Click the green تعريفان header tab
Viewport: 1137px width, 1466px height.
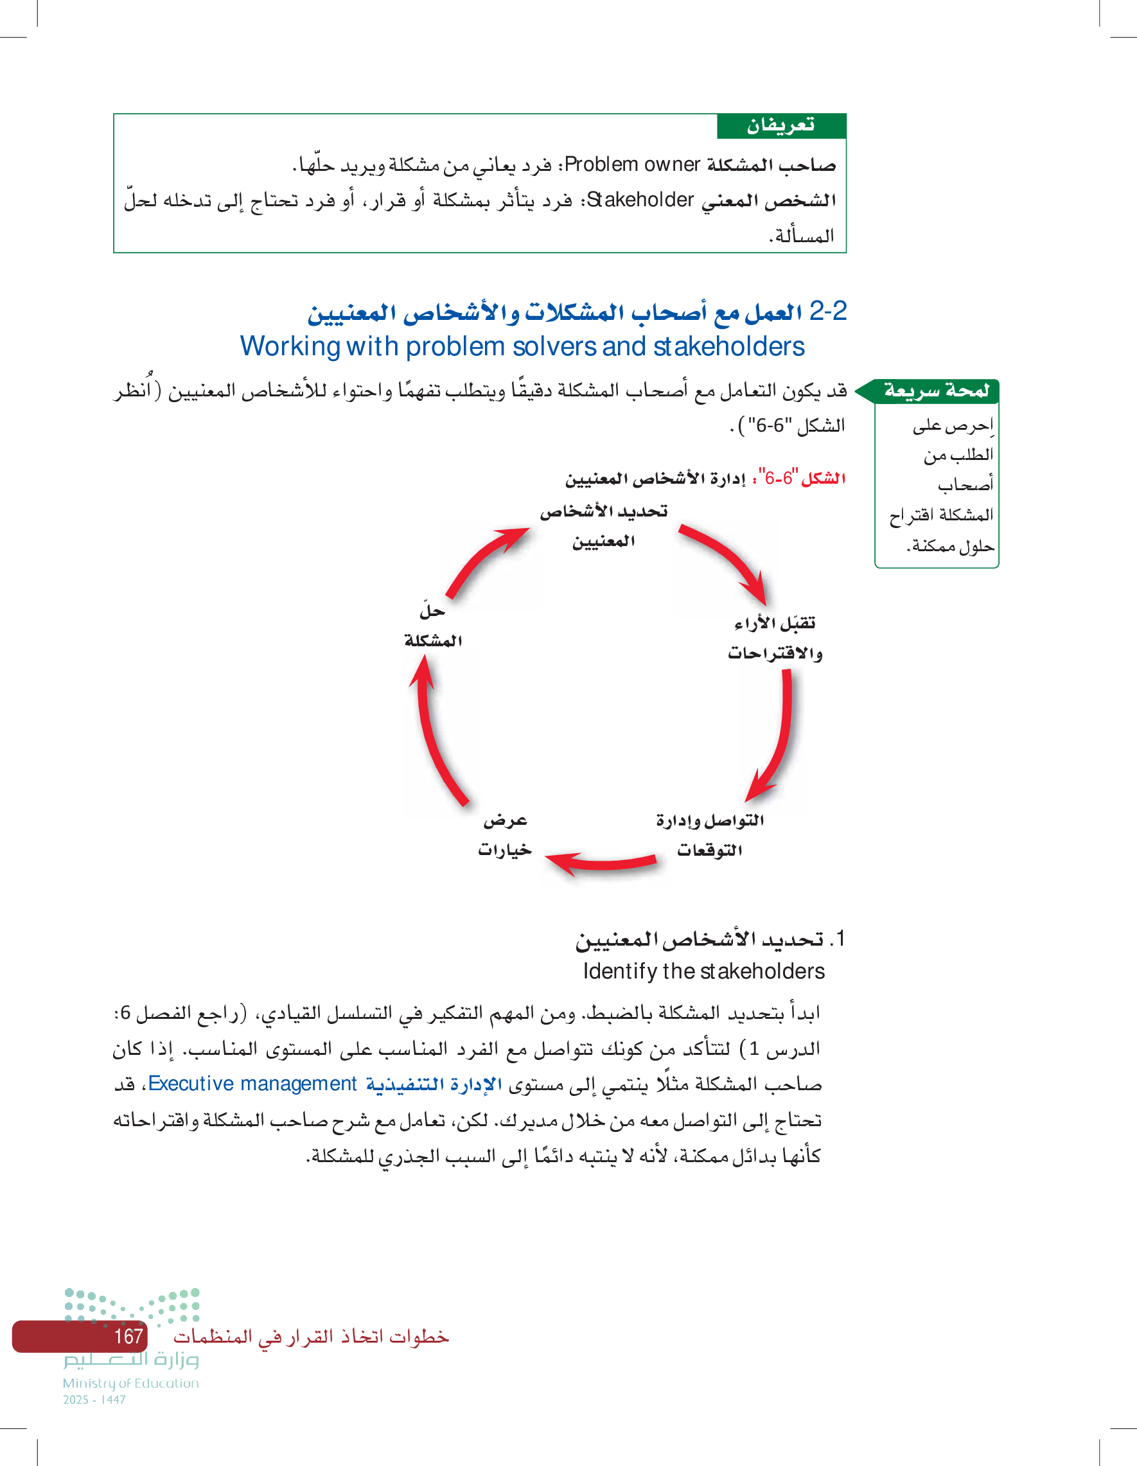point(780,125)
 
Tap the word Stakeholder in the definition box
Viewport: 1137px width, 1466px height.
point(640,200)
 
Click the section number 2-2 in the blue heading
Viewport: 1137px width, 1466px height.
point(827,312)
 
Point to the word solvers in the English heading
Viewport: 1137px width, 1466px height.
point(552,347)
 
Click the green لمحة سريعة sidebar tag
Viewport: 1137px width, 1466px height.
point(936,391)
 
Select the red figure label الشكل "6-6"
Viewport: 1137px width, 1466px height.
point(802,479)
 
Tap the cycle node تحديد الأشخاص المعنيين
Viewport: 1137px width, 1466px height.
point(603,525)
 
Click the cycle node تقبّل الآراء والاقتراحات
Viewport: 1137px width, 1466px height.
point(775,638)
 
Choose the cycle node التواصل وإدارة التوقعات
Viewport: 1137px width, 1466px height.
point(709,835)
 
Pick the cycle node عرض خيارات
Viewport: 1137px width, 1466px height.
point(505,835)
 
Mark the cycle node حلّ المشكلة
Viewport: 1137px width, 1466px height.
point(433,626)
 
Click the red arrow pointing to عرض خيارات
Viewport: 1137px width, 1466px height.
point(601,863)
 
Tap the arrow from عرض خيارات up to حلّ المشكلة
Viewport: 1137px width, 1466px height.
point(434,730)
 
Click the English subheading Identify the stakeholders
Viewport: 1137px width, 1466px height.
point(703,971)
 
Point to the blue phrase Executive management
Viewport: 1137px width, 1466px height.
point(252,1083)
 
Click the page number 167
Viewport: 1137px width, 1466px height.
point(128,1336)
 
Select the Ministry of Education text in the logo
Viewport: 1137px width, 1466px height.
point(131,1383)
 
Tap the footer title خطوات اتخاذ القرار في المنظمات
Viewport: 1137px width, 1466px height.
point(311,1336)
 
